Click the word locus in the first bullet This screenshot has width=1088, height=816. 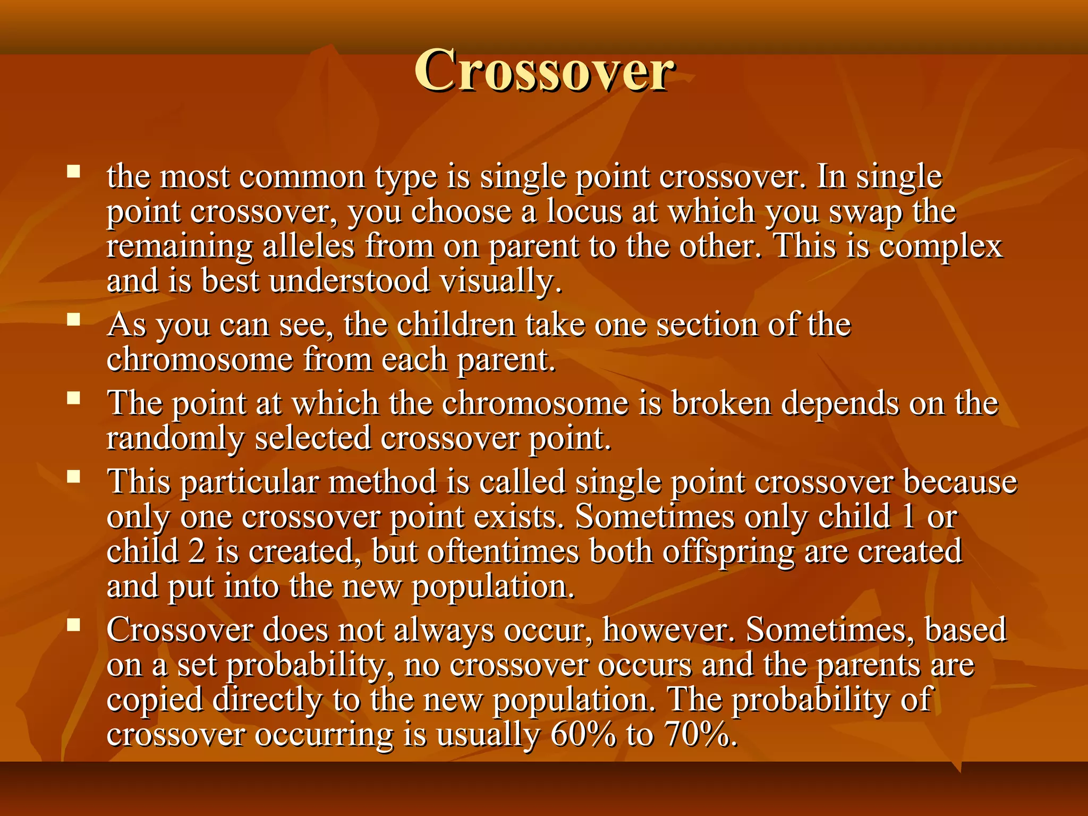coord(584,211)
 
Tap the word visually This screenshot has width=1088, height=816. coord(500,282)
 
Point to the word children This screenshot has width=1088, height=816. coord(456,325)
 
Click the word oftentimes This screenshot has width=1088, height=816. coord(503,551)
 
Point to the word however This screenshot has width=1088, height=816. coord(669,630)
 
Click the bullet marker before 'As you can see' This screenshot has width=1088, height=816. coord(74,319)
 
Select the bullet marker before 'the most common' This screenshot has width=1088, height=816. coord(74,171)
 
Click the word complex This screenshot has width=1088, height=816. coord(940,248)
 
